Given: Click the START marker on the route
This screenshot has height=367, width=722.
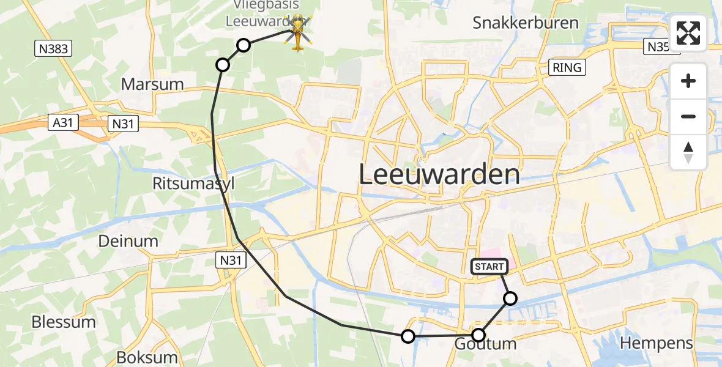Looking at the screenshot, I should [489, 266].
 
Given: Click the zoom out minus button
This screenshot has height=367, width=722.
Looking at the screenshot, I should [688, 116].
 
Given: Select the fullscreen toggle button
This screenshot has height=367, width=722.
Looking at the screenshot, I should [688, 33].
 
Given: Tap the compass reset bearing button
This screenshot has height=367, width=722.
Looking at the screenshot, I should [688, 152].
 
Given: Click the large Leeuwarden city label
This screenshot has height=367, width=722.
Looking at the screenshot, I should [439, 175].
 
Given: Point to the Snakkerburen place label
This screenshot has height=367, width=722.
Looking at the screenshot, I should [526, 23].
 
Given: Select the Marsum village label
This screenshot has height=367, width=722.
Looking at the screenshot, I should [152, 84].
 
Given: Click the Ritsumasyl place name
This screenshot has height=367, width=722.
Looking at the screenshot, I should [194, 183].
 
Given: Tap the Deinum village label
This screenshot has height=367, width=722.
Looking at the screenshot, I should [128, 241].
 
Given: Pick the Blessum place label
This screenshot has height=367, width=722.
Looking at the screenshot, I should [64, 322].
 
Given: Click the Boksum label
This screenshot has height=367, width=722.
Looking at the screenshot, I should [138, 357].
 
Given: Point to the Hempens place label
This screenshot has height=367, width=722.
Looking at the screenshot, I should [657, 343].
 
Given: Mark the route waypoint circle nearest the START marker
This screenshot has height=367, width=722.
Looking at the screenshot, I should [510, 298].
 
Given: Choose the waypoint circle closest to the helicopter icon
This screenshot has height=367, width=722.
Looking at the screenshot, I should [244, 45].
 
